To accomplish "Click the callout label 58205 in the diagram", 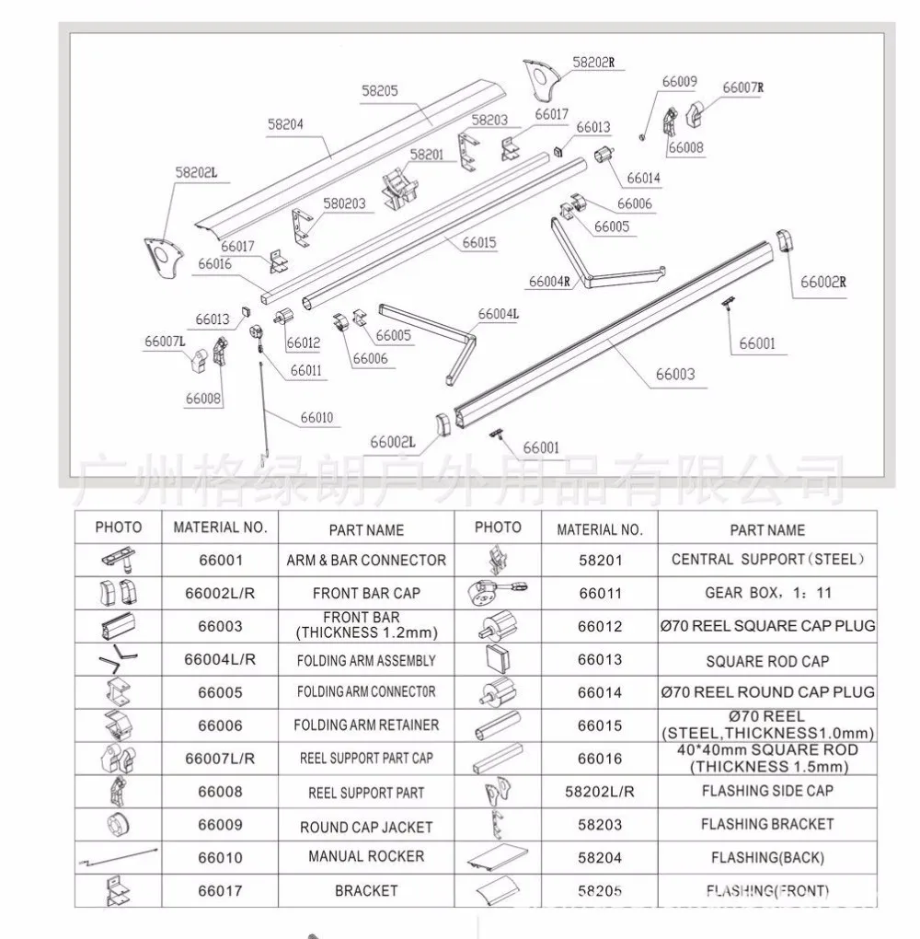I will point(379,92).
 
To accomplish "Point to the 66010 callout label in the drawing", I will point(316,418).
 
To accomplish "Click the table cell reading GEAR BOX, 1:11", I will point(767,593).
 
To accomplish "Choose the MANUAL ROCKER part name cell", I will point(366,857).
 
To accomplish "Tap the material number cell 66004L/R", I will point(220,660).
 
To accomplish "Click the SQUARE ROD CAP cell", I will point(767,660).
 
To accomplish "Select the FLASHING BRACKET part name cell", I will point(767,824).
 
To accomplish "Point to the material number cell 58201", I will point(600,560).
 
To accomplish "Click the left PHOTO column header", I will point(119,527).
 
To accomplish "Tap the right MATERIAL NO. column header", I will point(600,528).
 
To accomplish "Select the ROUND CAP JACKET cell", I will point(366,827).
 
